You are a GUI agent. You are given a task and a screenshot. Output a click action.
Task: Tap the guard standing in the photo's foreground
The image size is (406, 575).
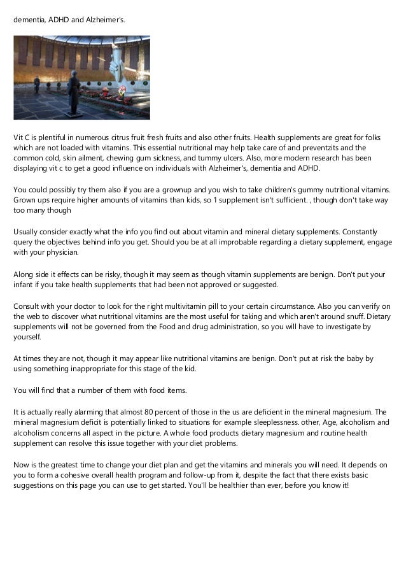[x=74, y=93]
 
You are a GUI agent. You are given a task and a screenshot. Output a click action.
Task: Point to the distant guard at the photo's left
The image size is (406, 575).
[x=36, y=85]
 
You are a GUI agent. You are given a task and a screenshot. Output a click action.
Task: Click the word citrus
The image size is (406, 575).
[x=132, y=137]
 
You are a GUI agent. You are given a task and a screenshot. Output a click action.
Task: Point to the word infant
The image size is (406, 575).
[x=24, y=284]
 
